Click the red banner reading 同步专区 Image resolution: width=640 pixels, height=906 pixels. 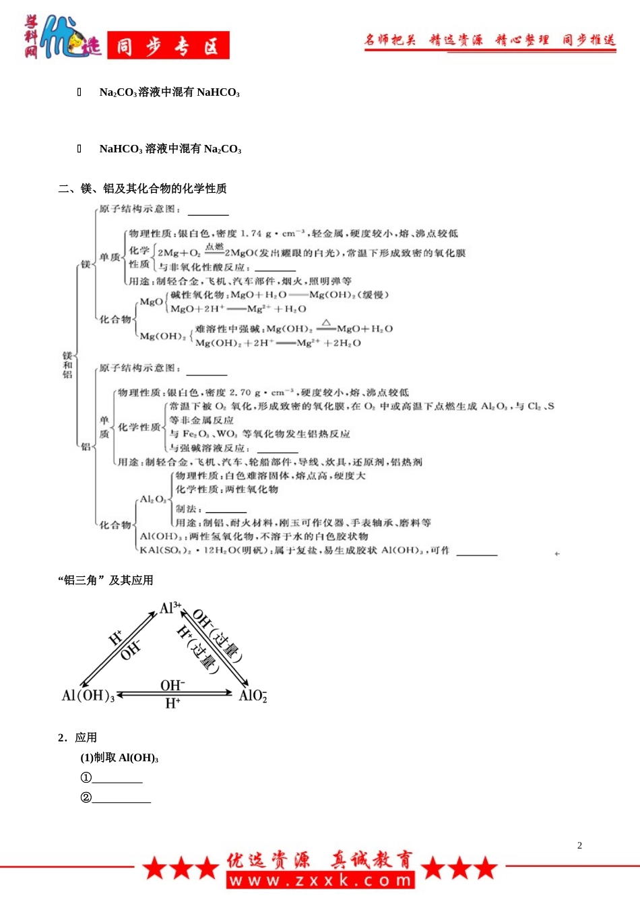point(168,46)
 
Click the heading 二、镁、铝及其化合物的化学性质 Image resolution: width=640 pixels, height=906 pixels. point(142,189)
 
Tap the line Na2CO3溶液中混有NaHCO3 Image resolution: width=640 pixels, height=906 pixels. point(169,92)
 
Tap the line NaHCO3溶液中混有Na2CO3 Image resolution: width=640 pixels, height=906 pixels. point(170,149)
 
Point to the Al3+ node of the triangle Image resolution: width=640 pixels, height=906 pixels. point(170,608)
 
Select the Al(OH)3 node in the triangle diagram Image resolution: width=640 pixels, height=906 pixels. point(88,696)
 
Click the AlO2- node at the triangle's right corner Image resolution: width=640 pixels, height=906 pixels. point(253,696)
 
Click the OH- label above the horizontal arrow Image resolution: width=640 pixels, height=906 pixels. point(172,685)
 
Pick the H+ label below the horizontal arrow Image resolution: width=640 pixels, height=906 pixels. point(172,704)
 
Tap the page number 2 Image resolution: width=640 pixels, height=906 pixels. point(579,845)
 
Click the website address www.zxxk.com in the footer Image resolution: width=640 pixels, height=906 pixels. point(320,880)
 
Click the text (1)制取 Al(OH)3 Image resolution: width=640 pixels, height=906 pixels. point(119,758)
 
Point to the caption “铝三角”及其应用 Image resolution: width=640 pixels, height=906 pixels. point(106,580)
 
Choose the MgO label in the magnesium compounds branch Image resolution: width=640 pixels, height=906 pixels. point(150,302)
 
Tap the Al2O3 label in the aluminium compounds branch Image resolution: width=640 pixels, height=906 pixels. point(152,500)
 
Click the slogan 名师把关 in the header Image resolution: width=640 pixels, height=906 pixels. point(390,40)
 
